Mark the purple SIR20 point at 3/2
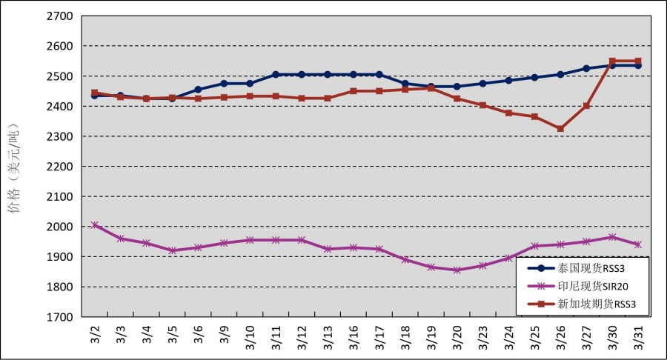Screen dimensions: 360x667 pyautogui.click(x=95, y=225)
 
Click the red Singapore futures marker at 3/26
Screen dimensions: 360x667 pyautogui.click(x=560, y=129)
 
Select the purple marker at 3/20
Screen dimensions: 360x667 pyautogui.click(x=457, y=270)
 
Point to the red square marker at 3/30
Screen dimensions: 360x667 pyautogui.click(x=612, y=61)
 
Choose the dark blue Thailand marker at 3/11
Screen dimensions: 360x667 pyautogui.click(x=276, y=75)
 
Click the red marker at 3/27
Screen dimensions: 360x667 pyautogui.click(x=586, y=106)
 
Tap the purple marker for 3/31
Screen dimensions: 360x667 pyautogui.click(x=638, y=244)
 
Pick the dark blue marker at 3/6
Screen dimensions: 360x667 pyautogui.click(x=198, y=90)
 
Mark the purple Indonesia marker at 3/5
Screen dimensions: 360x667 pyautogui.click(x=172, y=250)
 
